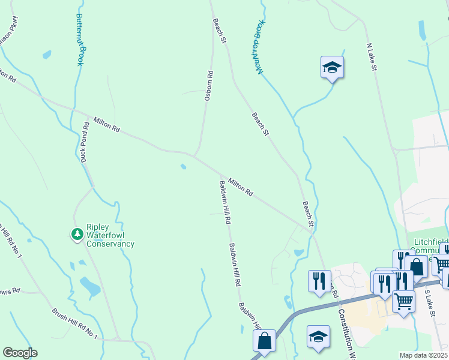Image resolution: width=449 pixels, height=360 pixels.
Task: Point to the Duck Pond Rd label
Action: (85, 142)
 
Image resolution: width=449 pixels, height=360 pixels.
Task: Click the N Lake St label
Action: (371, 58)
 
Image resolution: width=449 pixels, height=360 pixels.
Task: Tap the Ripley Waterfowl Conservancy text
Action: (110, 236)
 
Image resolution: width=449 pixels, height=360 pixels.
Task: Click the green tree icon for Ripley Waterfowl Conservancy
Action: (77, 234)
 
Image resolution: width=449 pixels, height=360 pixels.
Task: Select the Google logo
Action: (20, 353)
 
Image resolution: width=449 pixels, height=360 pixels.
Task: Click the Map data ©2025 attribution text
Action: (424, 355)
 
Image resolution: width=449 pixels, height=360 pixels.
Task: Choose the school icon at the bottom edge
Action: (318, 337)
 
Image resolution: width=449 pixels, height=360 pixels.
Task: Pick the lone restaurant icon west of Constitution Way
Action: (319, 281)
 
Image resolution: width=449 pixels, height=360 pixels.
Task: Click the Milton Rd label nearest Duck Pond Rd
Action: (107, 125)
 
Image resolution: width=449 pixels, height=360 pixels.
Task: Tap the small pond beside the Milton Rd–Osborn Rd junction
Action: (182, 167)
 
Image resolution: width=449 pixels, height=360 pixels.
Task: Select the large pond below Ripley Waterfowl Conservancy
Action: (90, 286)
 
